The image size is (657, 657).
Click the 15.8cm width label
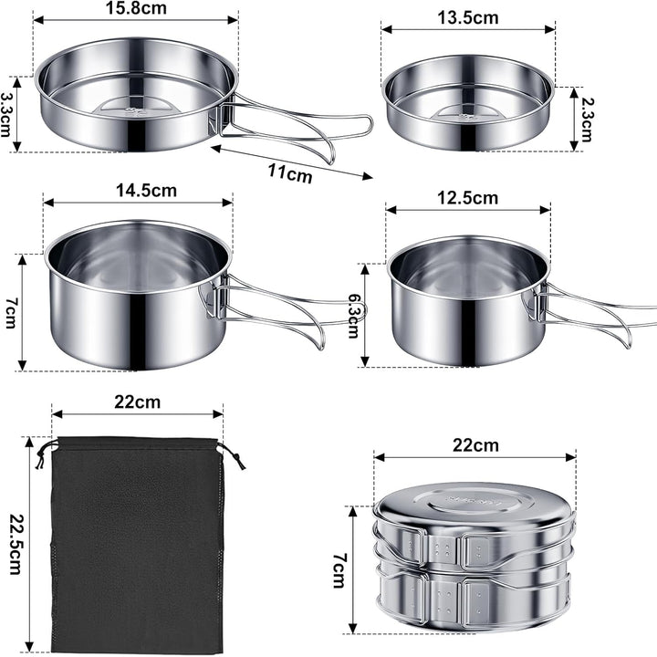(x=136, y=8)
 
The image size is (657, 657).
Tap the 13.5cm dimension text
(x=468, y=18)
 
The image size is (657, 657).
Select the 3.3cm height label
(x=6, y=114)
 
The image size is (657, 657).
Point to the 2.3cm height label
(x=585, y=120)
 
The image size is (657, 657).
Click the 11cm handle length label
(x=290, y=172)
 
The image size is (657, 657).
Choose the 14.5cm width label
(x=146, y=191)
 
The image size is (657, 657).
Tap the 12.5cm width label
(x=467, y=198)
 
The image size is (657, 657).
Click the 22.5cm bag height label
(x=16, y=544)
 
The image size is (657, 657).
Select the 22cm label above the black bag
(x=138, y=402)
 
